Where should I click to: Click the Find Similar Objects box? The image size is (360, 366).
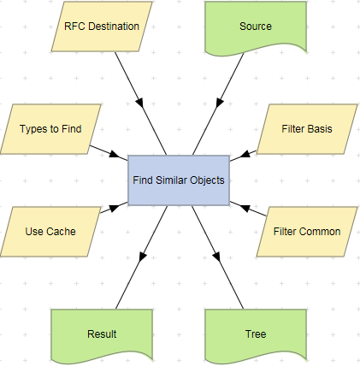[x=178, y=180]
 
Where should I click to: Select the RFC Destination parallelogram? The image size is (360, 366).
[x=102, y=27]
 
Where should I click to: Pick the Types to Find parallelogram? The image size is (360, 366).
[x=50, y=129]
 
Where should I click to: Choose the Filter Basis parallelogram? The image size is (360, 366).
[x=307, y=129]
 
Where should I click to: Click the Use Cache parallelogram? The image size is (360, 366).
[x=50, y=232]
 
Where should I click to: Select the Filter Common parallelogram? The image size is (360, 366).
[x=307, y=232]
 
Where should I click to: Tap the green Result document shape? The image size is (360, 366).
[x=102, y=333]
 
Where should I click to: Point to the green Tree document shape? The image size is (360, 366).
[x=256, y=333]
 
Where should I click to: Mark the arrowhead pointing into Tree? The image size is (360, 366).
[x=216, y=256]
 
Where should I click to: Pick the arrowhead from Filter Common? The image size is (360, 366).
[x=237, y=206]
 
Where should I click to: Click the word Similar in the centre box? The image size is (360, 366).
[x=178, y=180]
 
